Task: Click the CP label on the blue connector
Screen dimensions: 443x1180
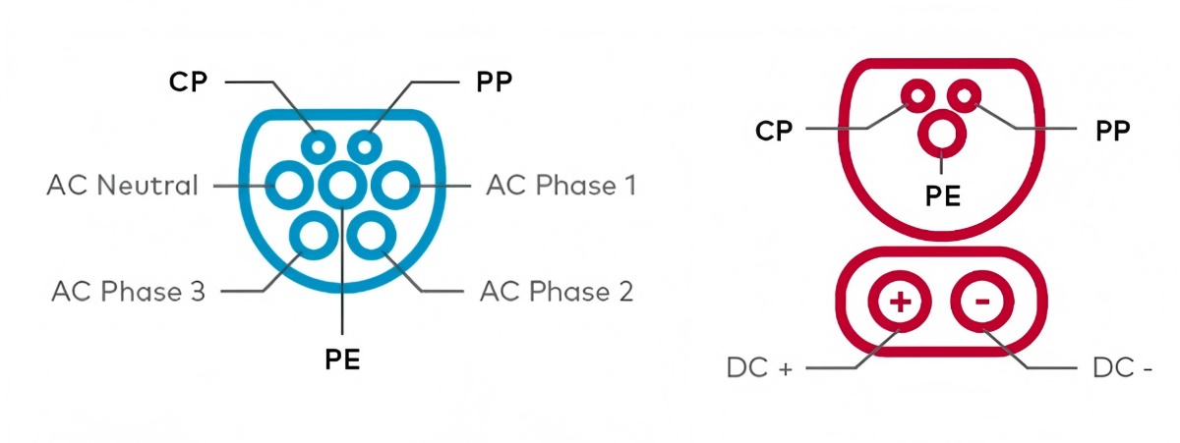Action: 189,82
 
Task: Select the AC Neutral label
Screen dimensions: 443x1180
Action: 122,185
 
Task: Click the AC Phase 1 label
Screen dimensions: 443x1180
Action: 560,185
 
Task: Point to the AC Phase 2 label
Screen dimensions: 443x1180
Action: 557,291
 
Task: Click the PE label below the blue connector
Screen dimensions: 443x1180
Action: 342,360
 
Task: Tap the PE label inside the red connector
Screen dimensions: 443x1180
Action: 942,194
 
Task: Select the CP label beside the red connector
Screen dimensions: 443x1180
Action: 775,131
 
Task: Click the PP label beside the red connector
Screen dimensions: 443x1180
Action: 1112,131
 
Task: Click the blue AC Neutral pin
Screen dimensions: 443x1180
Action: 290,185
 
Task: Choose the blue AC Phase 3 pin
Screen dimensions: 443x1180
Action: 315,235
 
